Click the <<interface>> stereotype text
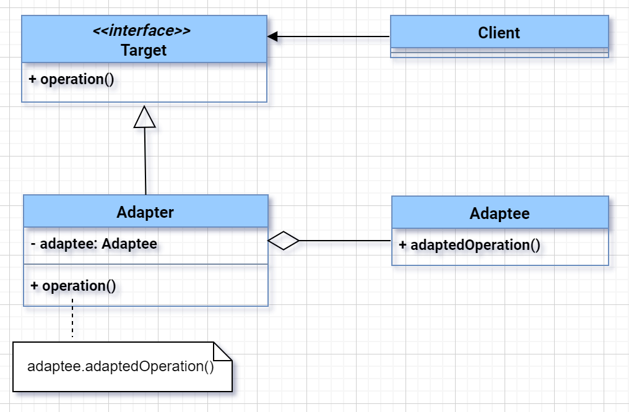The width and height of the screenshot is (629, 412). pos(142,32)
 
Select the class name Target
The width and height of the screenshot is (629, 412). pos(144,50)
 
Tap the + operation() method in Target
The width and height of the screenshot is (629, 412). pos(72,80)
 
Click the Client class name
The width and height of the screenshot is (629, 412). pos(499,33)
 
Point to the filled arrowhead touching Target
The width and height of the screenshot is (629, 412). pos(273,37)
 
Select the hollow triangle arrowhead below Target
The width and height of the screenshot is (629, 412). pos(144,118)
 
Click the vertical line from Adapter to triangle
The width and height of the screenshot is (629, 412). pos(145,161)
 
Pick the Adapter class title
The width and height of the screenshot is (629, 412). pos(145,212)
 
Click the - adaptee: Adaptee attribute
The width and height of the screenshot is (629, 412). pos(93,244)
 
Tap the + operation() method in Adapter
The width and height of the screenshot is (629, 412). pos(73,286)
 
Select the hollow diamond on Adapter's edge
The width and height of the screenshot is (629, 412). pos(284,240)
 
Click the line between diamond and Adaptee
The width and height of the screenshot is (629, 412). pos(345,240)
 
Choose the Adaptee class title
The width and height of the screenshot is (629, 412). pos(500,214)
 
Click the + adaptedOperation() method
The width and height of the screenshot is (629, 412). pos(469,245)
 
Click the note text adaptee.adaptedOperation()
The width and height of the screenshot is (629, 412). pos(121,366)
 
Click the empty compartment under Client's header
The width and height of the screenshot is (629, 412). pos(499,53)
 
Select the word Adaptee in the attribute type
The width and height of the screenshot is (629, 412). pos(129,244)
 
